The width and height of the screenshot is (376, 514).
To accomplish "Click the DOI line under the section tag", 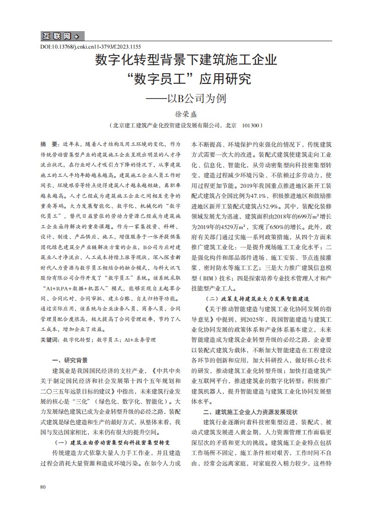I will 91,47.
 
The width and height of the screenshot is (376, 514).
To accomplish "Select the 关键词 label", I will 50,340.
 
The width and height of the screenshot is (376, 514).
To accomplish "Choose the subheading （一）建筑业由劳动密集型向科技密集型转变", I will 113,443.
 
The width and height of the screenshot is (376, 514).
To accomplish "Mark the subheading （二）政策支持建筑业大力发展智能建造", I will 262,298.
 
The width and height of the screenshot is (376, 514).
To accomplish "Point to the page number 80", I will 43,487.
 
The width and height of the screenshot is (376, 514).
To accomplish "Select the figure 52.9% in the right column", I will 290,207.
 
